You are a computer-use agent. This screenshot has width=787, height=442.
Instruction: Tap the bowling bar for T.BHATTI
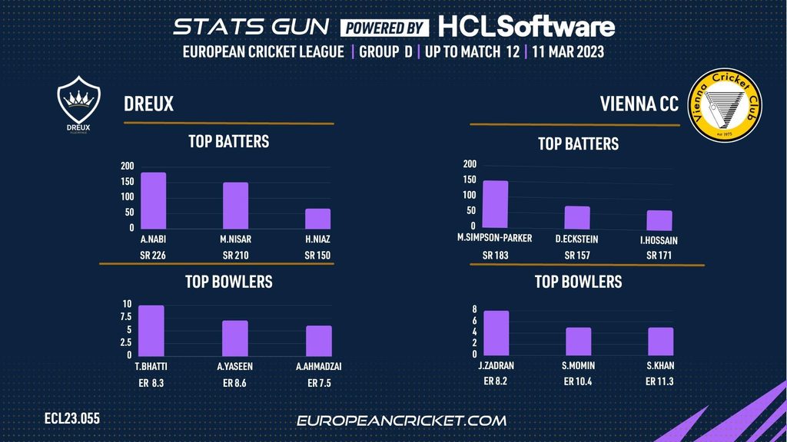151,330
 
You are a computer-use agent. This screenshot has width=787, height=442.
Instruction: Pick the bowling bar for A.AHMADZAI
319,340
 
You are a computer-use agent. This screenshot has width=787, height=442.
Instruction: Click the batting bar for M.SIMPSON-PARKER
495,205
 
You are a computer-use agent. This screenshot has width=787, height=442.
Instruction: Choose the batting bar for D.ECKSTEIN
577,218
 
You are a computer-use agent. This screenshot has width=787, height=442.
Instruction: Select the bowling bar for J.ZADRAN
496,332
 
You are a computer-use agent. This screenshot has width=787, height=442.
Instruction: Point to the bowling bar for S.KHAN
660,341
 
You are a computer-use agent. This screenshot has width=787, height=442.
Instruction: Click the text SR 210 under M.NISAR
236,255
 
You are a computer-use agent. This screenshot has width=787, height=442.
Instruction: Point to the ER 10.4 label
578,381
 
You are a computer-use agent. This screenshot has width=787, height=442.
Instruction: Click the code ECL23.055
72,419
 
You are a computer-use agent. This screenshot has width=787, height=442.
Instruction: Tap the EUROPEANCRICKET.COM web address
401,421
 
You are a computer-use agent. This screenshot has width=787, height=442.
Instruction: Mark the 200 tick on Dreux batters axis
127,166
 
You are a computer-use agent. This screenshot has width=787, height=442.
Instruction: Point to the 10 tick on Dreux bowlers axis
127,305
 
